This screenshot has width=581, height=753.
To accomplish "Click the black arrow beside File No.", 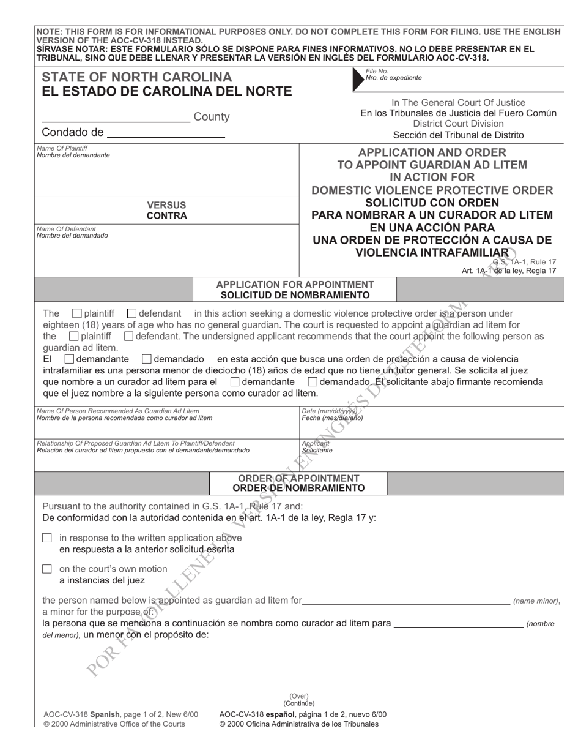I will coord(358,79).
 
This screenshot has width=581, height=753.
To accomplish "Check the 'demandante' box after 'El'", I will coord(70,359).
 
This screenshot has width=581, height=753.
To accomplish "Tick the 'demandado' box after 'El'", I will coord(147,359).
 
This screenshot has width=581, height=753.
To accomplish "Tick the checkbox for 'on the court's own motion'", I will coord(47,569).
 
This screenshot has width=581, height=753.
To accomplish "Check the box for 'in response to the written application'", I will coord(47,538).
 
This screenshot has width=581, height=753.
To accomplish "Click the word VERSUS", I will coord(167,205).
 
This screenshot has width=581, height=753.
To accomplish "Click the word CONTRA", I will coord(167,215).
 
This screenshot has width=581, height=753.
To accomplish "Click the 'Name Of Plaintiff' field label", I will coord(62,148).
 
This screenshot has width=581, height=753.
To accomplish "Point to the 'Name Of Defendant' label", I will coord(63,229).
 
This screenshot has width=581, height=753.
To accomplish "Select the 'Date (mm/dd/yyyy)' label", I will coord(330,411).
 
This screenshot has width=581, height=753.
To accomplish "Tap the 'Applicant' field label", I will coord(316,443).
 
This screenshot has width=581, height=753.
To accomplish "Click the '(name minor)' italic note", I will coord(535,602).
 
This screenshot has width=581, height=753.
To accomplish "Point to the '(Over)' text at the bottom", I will coord(299,696).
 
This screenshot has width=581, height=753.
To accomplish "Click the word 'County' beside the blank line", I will coord(212,116).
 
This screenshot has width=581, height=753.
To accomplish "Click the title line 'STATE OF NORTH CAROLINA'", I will coord(137,77).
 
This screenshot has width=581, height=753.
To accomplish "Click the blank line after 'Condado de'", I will coord(166,132).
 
